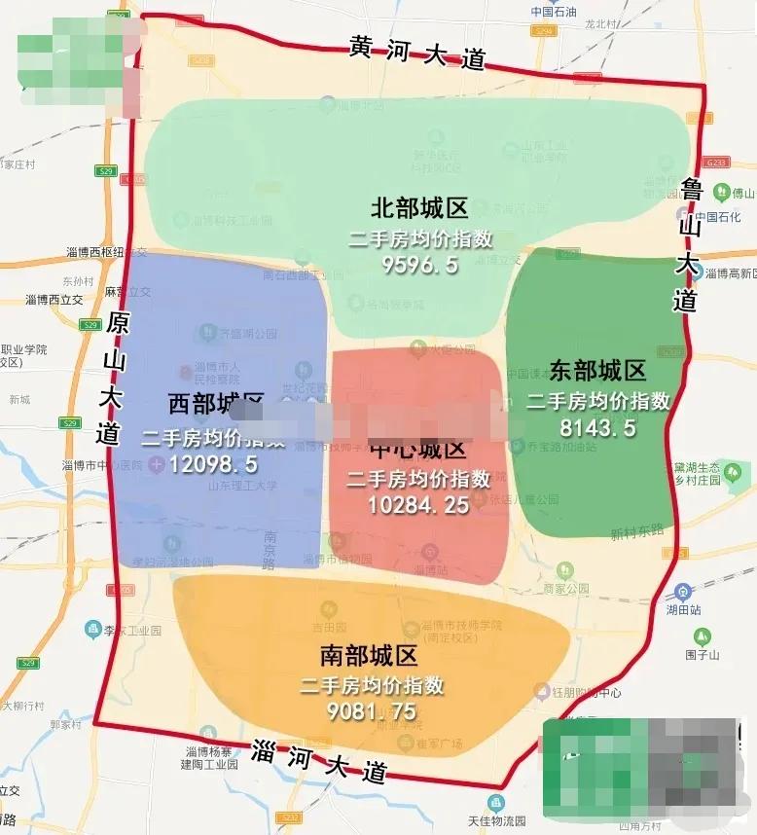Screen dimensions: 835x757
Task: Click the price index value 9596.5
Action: (419, 265)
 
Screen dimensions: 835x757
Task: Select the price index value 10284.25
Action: (418, 504)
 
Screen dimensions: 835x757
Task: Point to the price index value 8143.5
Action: (598, 426)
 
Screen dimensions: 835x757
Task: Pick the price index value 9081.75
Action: (372, 711)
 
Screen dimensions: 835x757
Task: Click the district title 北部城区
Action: (419, 208)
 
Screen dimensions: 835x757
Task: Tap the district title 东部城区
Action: (597, 371)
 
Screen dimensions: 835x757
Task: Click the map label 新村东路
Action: (636, 532)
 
